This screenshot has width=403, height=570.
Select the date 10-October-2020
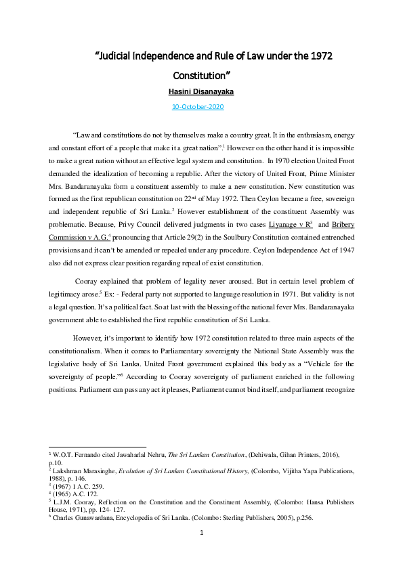click(198, 107)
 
